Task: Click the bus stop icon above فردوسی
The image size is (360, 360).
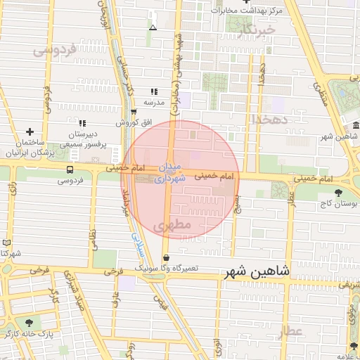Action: pyautogui.click(x=70, y=169)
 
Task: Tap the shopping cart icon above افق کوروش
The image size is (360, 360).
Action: pyautogui.click(x=134, y=112)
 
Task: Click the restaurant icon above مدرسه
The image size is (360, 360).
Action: pyautogui.click(x=154, y=91)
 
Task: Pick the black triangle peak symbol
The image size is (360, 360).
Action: pyautogui.click(x=153, y=27)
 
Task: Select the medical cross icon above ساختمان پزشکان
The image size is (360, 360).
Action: pyautogui.click(x=30, y=131)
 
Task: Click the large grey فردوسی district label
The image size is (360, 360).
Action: pyautogui.click(x=53, y=51)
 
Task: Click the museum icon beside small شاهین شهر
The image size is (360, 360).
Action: pyautogui.click(x=356, y=126)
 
